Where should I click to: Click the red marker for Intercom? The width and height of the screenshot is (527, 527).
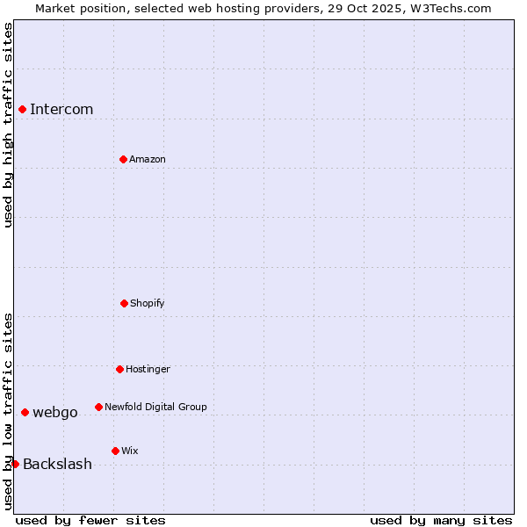[22, 109]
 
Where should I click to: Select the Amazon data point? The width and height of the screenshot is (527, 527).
[123, 159]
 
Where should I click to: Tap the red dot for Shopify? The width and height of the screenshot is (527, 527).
[124, 303]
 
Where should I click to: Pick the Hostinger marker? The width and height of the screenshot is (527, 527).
[119, 369]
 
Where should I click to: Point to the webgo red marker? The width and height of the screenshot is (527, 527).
[25, 412]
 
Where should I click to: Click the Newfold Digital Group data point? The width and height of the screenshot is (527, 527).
[98, 407]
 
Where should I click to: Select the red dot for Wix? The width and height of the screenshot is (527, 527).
[115, 451]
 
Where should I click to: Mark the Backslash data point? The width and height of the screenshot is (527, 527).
[15, 464]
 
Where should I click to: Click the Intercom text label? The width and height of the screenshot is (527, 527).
[61, 109]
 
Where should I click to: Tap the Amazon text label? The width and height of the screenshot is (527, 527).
[148, 159]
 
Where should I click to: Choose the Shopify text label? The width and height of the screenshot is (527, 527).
[148, 303]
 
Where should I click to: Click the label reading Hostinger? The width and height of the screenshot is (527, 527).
[148, 369]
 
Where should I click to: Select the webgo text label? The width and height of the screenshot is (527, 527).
[55, 412]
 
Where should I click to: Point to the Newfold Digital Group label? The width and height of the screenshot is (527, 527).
[155, 407]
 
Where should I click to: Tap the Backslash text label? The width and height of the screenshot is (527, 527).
[57, 464]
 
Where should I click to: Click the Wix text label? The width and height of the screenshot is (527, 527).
[130, 451]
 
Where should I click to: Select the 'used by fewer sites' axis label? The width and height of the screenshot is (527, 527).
[90, 520]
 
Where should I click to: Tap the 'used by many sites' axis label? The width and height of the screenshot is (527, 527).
[441, 520]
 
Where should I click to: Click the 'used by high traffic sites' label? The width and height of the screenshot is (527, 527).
[8, 125]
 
